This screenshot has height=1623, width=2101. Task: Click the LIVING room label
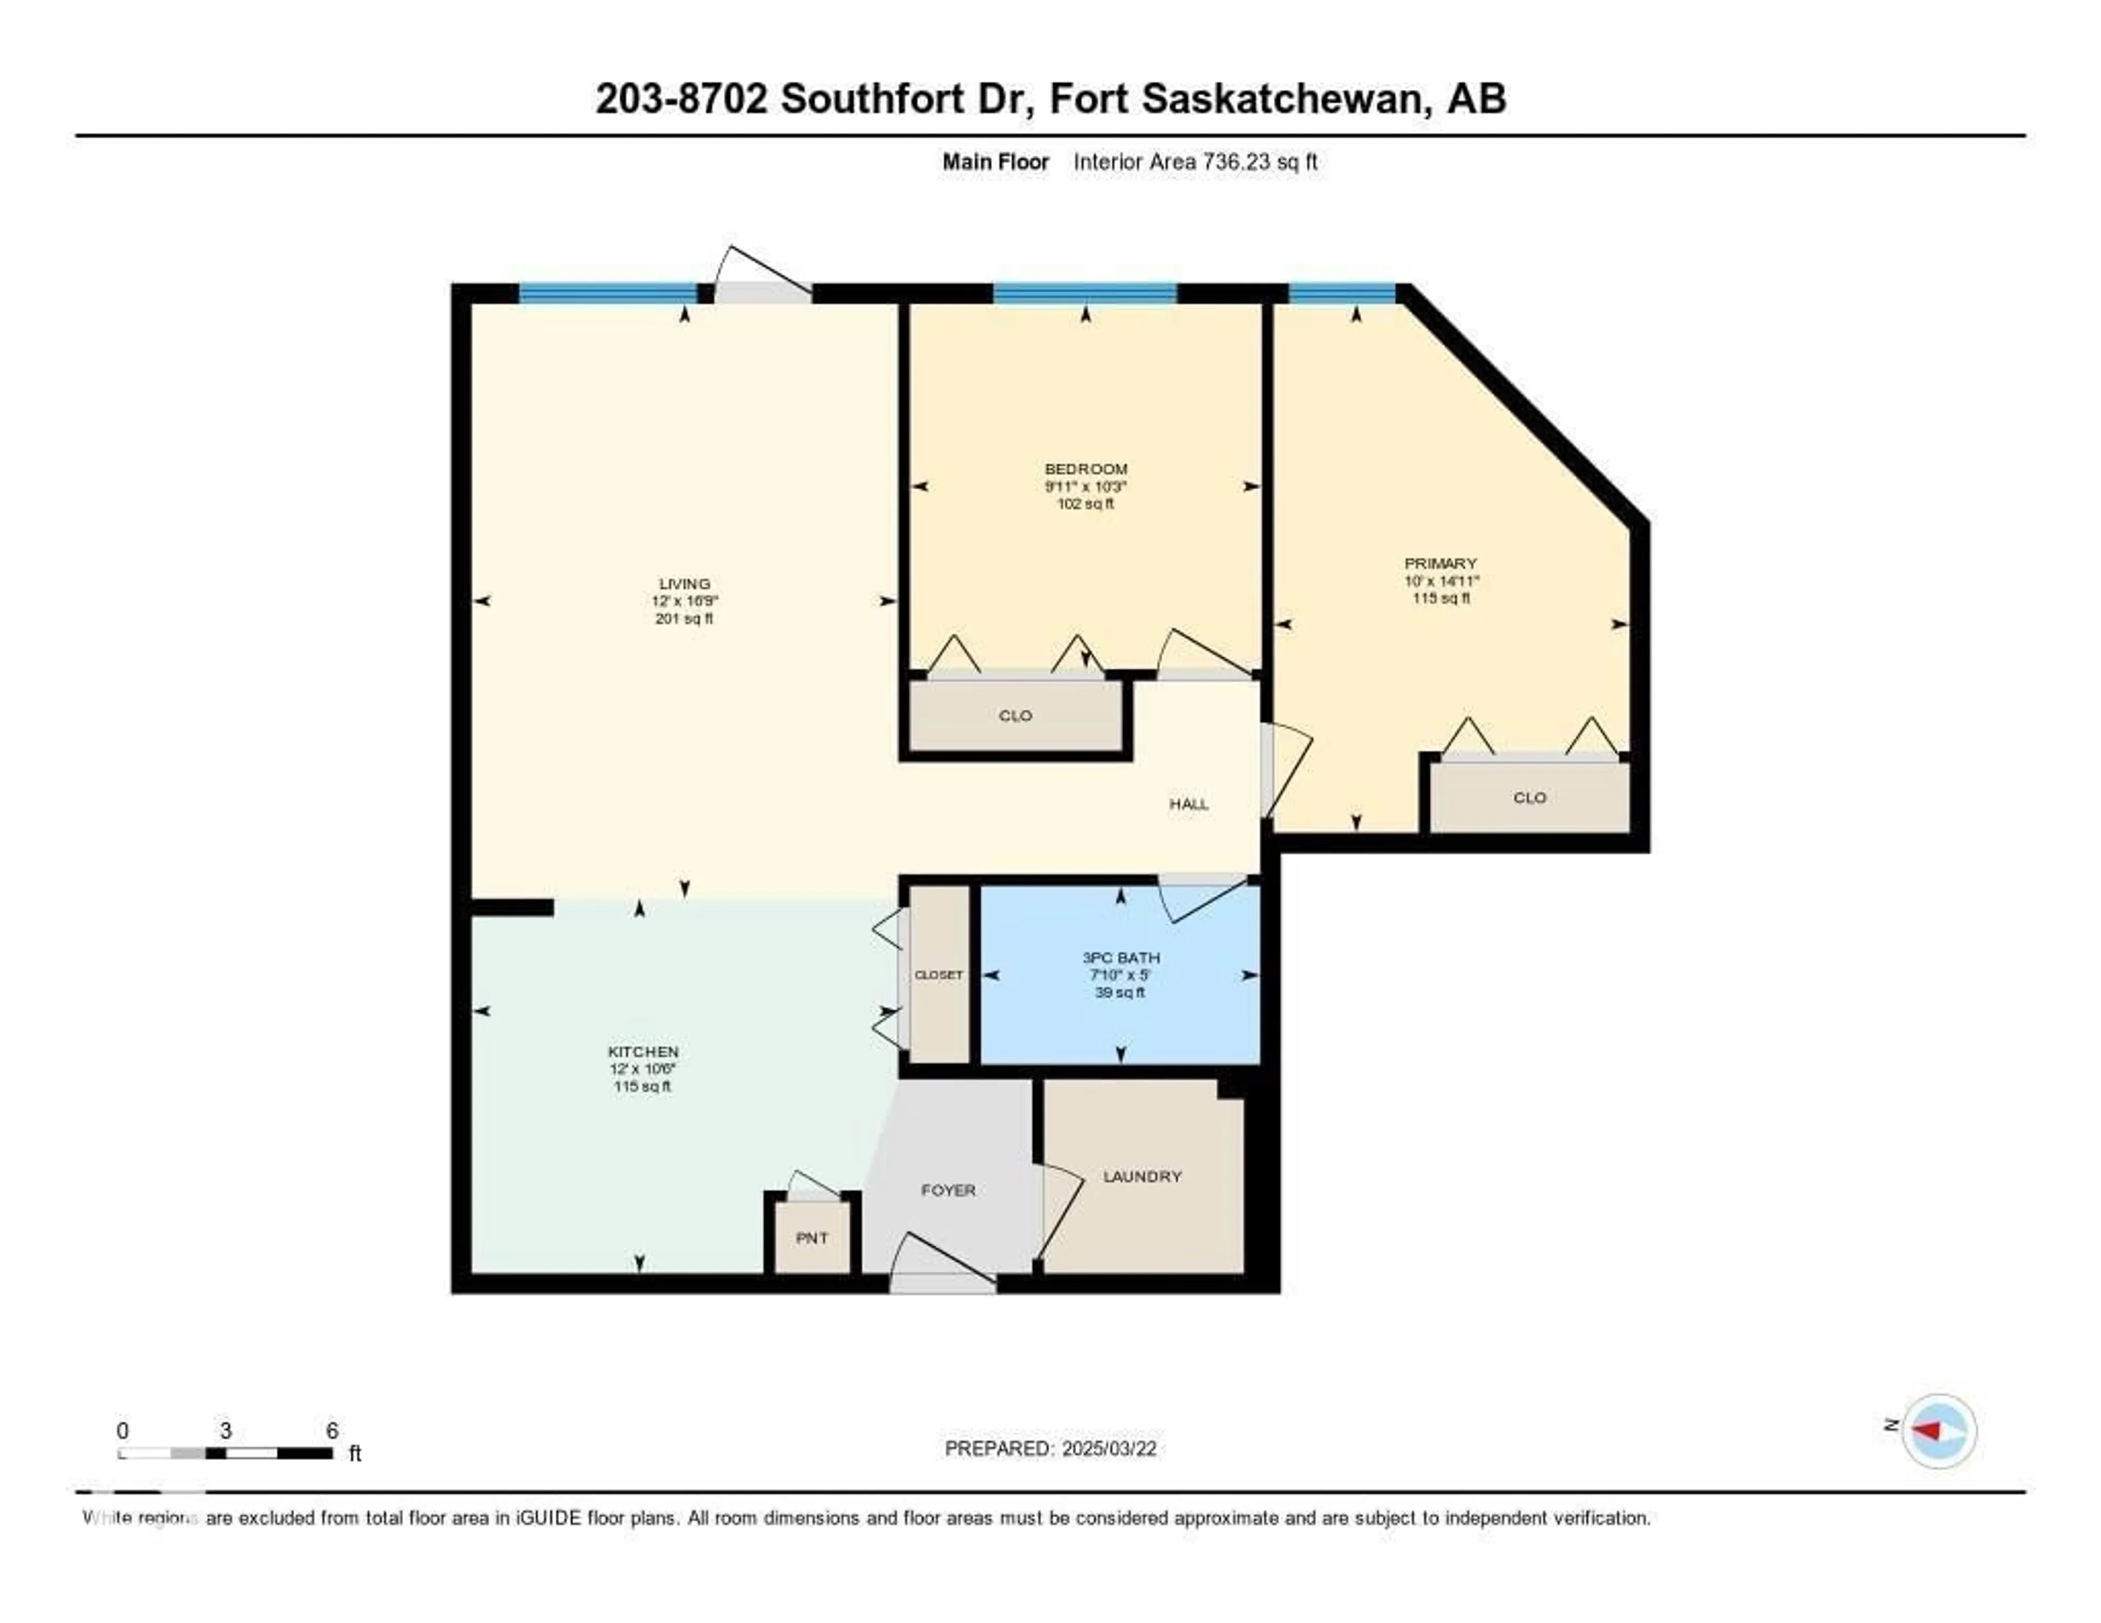tap(684, 583)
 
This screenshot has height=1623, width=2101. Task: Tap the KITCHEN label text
tap(643, 1052)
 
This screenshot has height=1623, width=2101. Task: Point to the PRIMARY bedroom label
tap(1440, 563)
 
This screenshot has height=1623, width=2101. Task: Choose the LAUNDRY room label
tap(1142, 1175)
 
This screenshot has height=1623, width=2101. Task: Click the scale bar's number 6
tap(332, 1430)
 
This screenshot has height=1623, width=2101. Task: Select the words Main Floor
tap(995, 161)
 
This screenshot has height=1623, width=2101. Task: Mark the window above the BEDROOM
tap(1084, 292)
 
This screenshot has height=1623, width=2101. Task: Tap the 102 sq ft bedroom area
tap(1085, 503)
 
